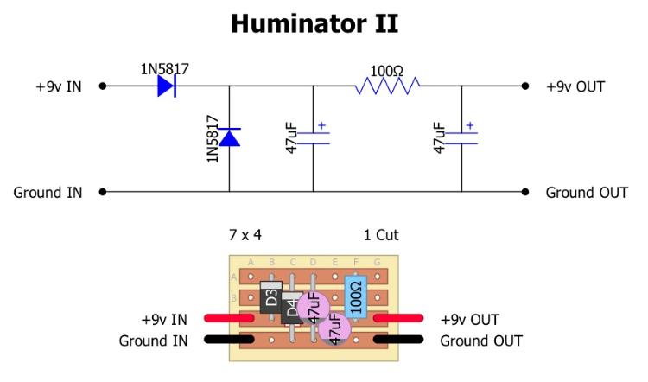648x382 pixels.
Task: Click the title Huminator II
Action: (314, 23)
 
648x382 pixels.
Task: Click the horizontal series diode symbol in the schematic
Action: (168, 86)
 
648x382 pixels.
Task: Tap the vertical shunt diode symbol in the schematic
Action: (229, 137)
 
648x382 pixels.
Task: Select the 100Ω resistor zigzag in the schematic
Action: (387, 86)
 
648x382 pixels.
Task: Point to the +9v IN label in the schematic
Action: (60, 87)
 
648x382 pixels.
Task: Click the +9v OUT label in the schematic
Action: (575, 87)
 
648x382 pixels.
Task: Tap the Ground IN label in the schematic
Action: (48, 192)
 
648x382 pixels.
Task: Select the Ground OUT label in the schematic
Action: (587, 192)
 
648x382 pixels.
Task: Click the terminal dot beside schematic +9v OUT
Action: (524, 86)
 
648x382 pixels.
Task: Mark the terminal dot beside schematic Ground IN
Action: (103, 192)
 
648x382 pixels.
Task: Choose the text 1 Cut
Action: (382, 235)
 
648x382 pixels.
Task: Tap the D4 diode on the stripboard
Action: (292, 308)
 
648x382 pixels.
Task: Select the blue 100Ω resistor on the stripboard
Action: (355, 297)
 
